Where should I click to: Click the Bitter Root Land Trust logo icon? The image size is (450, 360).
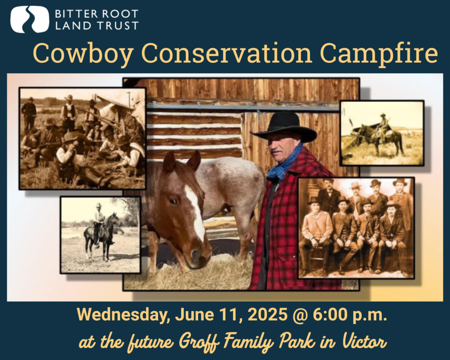click(x=29, y=19)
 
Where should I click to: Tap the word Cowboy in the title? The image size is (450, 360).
click(x=83, y=53)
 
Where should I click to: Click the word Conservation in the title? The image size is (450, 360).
click(x=226, y=53)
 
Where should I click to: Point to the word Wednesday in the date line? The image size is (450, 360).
click(x=122, y=315)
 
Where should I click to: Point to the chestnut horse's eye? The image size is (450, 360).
click(x=173, y=201)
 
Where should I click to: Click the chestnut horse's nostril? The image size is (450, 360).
click(x=196, y=253)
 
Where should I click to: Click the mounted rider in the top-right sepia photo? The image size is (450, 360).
click(x=383, y=126)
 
